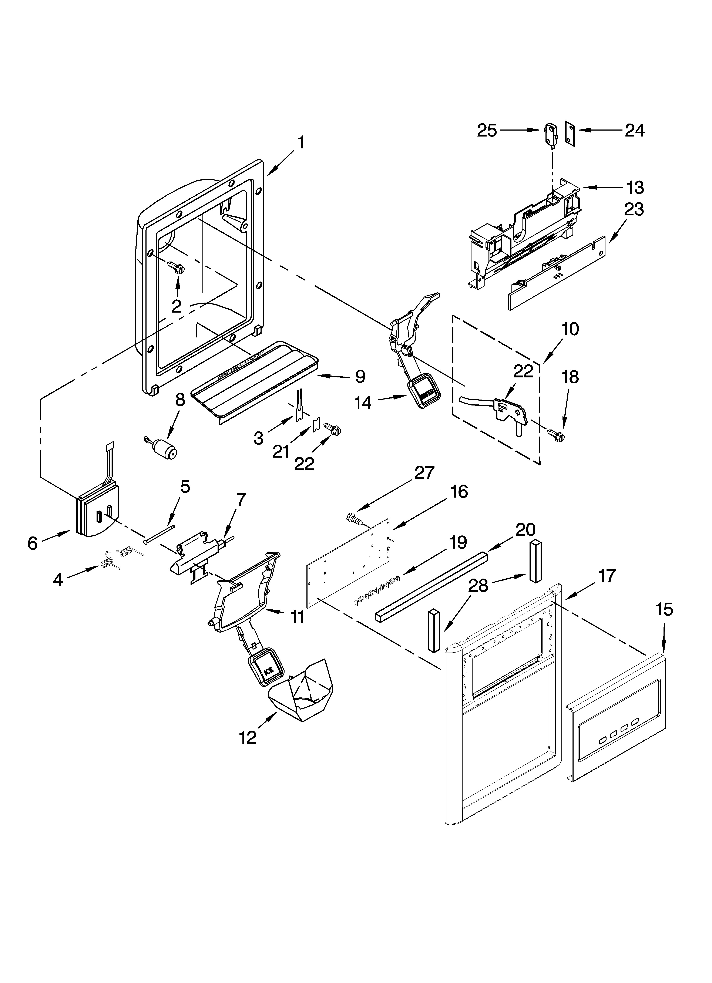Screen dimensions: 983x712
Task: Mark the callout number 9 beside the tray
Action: coord(360,377)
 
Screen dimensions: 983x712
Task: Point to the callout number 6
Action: coord(33,543)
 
